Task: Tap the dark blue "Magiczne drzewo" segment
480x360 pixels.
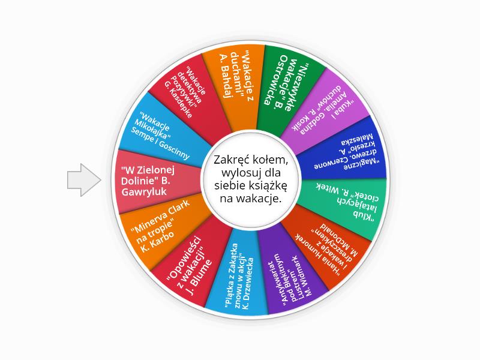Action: coord(343,150)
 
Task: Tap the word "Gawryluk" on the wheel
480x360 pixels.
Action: coord(144,192)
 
